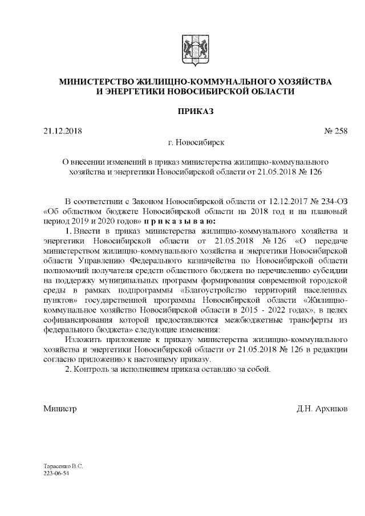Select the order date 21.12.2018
pos(63,132)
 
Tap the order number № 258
pos(335,132)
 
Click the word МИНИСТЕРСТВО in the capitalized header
pos(98,82)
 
